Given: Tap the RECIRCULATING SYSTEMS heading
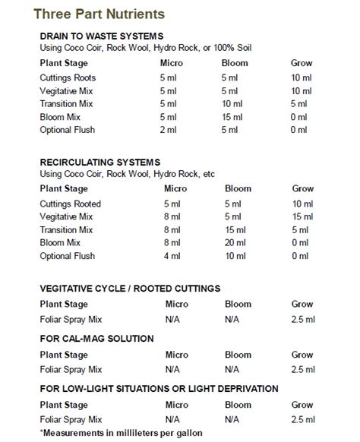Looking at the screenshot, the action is pyautogui.click(x=100, y=163).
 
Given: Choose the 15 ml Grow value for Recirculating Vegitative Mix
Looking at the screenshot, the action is pyautogui.click(x=302, y=216).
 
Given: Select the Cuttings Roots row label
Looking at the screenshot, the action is pyautogui.click(x=68, y=77).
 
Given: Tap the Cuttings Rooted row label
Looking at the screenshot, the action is pyautogui.click(x=70, y=204).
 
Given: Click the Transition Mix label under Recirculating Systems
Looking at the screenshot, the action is pyautogui.click(x=66, y=230).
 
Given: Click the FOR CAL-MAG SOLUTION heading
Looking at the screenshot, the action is pyautogui.click(x=97, y=338).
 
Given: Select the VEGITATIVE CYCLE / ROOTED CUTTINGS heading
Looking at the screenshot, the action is pyautogui.click(x=130, y=289).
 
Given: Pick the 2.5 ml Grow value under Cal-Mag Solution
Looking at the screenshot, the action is pyautogui.click(x=302, y=369).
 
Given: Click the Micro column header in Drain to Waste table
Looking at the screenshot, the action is pyautogui.click(x=177, y=63).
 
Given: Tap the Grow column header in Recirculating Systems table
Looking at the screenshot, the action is pyautogui.click(x=302, y=189).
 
